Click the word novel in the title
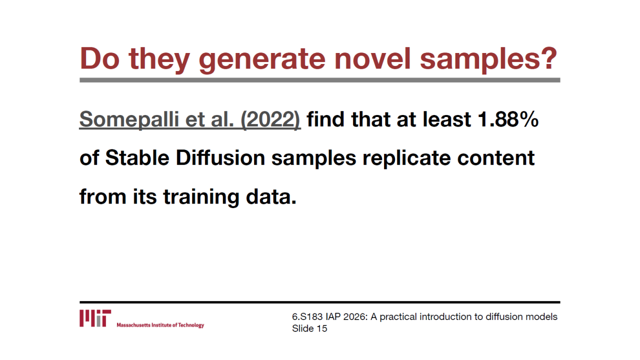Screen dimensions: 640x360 pos(372,58)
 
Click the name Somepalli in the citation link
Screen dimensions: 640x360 pos(129,119)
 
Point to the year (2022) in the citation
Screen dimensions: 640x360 pos(271,119)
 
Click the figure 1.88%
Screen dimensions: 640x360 pos(508,119)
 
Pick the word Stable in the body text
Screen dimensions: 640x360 pos(137,157)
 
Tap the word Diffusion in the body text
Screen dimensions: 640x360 pos(220,157)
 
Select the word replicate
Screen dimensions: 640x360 pos(406,158)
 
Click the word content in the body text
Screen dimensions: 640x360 pos(495,158)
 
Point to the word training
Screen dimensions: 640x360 pos(201,197)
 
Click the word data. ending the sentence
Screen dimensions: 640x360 pos(271,196)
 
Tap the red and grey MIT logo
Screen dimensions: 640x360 pos(95,318)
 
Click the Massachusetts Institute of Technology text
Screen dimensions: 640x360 pos(160,325)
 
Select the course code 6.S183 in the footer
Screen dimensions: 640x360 pos(307,317)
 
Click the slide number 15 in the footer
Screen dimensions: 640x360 pos(322,328)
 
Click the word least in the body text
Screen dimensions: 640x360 pos(447,119)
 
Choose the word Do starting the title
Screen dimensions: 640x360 pos(99,58)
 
